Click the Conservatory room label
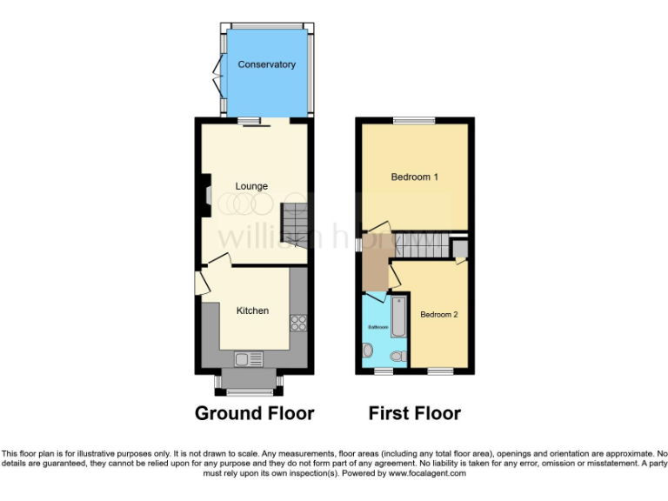point(267,64)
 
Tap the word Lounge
point(251,186)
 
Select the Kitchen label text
point(253,311)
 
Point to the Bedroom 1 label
point(414,177)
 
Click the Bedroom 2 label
point(438,314)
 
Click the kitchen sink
point(248,358)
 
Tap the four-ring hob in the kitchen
point(298,322)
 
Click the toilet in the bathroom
point(398,356)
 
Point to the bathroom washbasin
point(367,351)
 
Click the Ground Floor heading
point(254,412)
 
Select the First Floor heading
point(414,412)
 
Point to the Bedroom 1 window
point(414,120)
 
